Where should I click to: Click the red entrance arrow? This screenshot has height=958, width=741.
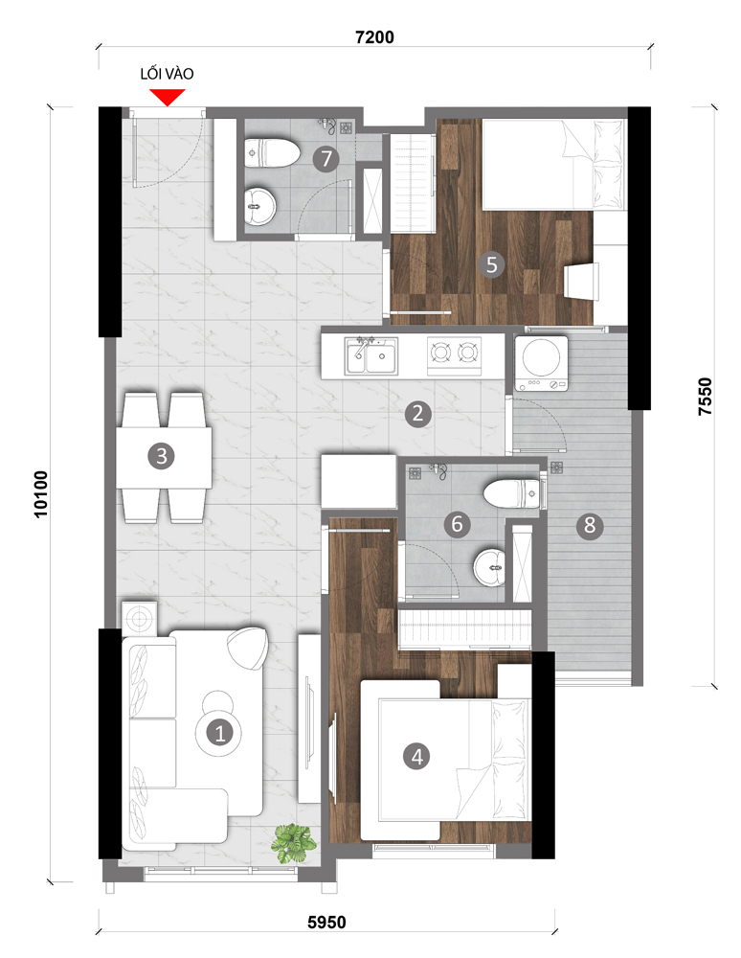point(168,97)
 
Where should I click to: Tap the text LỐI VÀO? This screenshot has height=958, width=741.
point(167,74)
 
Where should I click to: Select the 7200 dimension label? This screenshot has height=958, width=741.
point(374,37)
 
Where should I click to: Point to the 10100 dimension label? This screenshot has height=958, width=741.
point(41,494)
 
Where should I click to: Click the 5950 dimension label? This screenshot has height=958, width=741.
point(326,922)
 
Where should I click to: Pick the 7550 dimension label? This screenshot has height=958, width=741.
point(705,397)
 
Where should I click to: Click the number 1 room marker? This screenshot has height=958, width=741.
point(220,733)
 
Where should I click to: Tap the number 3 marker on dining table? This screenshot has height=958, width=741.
point(162,456)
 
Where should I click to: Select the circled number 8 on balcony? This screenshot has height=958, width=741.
point(590,525)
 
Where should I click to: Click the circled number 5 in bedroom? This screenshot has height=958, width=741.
point(492,264)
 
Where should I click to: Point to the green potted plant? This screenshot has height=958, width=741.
point(294,843)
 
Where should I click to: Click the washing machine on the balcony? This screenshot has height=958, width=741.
point(542,363)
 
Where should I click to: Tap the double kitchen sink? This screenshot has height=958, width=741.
point(371,355)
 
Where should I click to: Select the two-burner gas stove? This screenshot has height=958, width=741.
point(454,355)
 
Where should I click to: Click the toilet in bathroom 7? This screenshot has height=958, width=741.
point(272,152)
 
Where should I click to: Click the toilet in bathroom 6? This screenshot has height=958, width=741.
point(511,493)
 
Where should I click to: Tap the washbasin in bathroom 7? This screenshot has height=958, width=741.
point(260,205)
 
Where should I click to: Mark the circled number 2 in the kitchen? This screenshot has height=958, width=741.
point(418,414)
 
